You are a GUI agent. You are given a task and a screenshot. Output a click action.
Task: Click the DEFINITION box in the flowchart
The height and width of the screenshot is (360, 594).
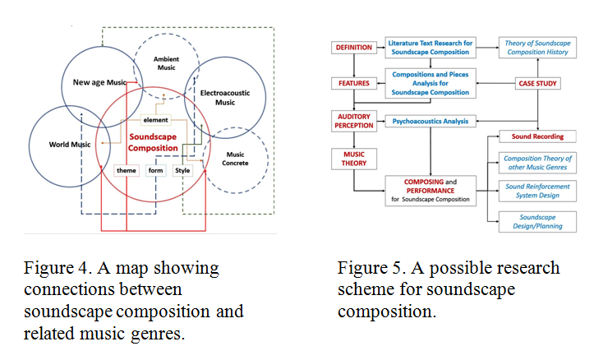[x=352, y=47]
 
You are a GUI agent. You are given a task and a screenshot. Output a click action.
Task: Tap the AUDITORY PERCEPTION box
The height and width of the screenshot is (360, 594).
[x=352, y=121]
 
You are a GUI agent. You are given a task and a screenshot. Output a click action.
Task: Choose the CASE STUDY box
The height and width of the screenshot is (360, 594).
[x=537, y=83]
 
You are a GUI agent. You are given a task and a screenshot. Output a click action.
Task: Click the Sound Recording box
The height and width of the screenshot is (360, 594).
[x=537, y=136]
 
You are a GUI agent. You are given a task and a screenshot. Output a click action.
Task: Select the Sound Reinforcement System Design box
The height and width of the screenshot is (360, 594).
[x=537, y=192]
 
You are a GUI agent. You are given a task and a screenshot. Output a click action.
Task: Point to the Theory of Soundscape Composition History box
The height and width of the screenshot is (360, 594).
[x=537, y=47]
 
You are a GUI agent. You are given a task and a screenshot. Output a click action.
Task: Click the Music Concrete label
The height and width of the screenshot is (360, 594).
[x=235, y=159]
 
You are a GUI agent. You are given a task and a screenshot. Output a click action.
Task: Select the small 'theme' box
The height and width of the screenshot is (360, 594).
[x=127, y=170]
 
